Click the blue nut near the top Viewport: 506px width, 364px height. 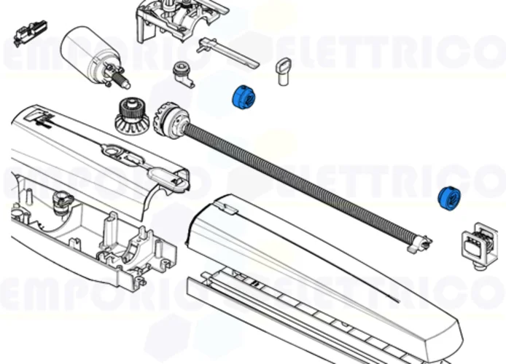[x=241, y=97]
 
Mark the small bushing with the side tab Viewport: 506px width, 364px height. [x=180, y=73]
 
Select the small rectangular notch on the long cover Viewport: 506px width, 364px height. [x=228, y=210]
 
